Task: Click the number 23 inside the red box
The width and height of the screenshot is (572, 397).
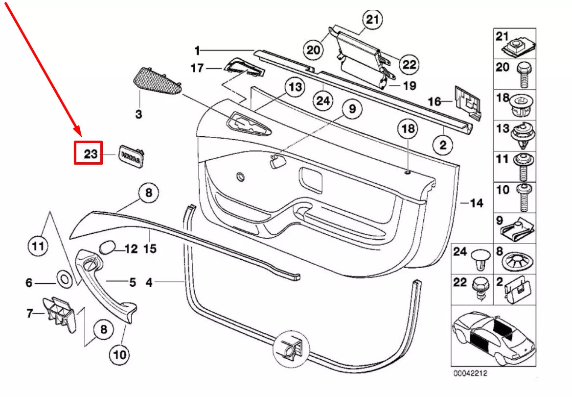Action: tap(91, 154)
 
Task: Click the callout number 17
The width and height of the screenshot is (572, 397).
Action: tap(197, 68)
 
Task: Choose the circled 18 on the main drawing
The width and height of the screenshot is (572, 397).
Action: tap(408, 129)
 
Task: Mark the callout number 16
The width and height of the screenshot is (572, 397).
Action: tap(435, 101)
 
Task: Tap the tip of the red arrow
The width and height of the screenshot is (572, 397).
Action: tap(77, 133)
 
